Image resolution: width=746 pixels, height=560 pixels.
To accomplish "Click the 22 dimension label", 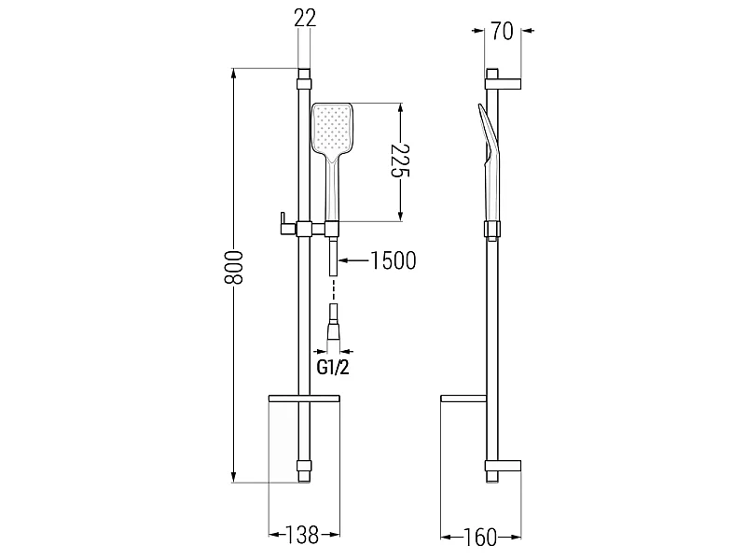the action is (x=305, y=18).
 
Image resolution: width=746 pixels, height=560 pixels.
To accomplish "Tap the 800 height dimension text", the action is (x=234, y=267).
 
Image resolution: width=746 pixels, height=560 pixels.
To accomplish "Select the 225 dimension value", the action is (x=400, y=160).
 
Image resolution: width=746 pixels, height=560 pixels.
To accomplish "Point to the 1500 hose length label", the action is (x=393, y=260).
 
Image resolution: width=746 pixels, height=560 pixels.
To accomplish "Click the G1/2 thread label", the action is (x=333, y=367).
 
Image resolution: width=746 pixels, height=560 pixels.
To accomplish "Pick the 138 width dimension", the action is (x=301, y=535).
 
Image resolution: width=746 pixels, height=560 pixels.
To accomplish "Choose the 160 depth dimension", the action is (x=479, y=538).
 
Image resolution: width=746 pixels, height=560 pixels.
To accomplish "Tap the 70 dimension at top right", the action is (x=503, y=32).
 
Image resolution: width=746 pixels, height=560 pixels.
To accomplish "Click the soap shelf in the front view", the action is (x=305, y=399).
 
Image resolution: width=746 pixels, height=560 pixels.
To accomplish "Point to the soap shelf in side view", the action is (x=463, y=399).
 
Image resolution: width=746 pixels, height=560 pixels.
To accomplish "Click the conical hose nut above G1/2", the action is (x=333, y=331).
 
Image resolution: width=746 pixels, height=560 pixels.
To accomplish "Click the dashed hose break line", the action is (x=334, y=289).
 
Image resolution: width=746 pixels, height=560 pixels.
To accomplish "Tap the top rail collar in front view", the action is (x=304, y=84).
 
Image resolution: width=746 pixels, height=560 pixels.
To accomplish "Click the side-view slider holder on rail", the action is (x=492, y=229).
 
